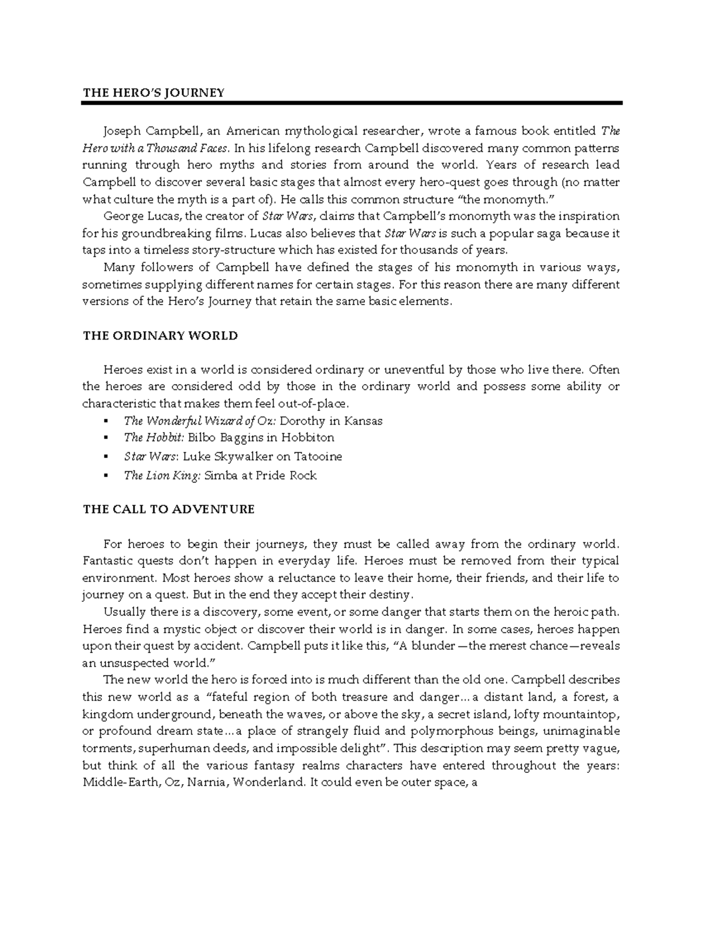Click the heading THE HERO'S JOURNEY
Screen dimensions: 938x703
pyautogui.click(x=153, y=93)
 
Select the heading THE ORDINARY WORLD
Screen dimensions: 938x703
pyautogui.click(x=160, y=336)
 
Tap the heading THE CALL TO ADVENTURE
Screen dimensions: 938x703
pyautogui.click(x=169, y=509)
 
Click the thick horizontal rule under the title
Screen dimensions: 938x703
pyautogui.click(x=351, y=103)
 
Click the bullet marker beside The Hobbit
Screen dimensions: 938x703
pyautogui.click(x=105, y=438)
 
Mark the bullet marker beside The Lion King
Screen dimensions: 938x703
pyautogui.click(x=105, y=475)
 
